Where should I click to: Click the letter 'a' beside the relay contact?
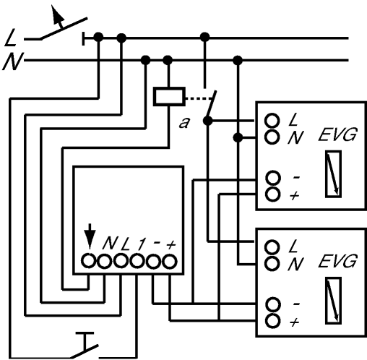(x=184, y=123)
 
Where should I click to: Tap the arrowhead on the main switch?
(x=57, y=15)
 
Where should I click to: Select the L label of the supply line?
(x=11, y=38)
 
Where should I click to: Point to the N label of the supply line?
(x=13, y=61)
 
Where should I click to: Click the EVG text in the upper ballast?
(x=337, y=134)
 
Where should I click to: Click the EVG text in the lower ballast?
(x=337, y=261)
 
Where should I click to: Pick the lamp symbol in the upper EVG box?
(x=333, y=174)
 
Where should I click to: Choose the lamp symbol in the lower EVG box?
(x=333, y=301)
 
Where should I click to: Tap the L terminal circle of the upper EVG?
(x=272, y=121)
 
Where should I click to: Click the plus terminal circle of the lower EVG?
(x=272, y=320)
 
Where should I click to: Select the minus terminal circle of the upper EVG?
(x=273, y=178)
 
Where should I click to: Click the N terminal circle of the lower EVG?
(x=272, y=263)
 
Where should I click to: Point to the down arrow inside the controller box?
(x=90, y=236)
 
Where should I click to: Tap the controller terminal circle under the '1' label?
(x=137, y=261)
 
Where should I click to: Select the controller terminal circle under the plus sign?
(x=170, y=261)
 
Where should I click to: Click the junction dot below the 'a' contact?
(x=207, y=121)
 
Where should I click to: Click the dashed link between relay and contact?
(x=199, y=98)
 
